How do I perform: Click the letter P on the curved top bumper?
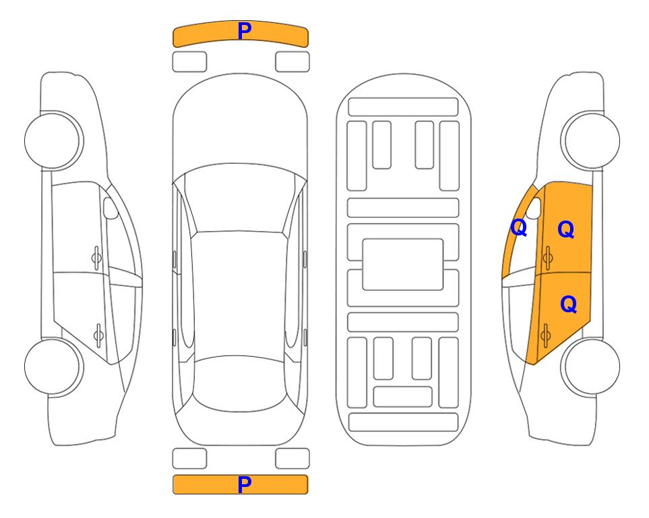(x=245, y=31)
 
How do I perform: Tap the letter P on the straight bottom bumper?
(x=245, y=484)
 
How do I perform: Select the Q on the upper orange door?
(x=566, y=229)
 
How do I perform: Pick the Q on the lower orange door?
(x=568, y=305)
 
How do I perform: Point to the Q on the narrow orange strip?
(x=519, y=227)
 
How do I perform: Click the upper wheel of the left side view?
(x=53, y=141)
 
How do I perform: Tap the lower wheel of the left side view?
(x=53, y=367)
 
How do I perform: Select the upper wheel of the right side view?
(x=590, y=141)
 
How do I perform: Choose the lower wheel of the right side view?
(x=590, y=367)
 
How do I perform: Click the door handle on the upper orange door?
(x=547, y=258)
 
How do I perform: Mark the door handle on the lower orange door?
(x=545, y=335)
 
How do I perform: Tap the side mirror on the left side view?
(x=110, y=208)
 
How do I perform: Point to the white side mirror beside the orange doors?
(x=534, y=208)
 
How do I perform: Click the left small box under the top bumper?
(x=189, y=62)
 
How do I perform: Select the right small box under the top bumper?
(x=292, y=62)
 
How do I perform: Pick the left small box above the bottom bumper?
(x=189, y=459)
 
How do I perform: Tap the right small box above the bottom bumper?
(x=292, y=459)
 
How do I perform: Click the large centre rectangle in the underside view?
(x=403, y=264)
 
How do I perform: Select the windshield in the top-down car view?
(x=240, y=199)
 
